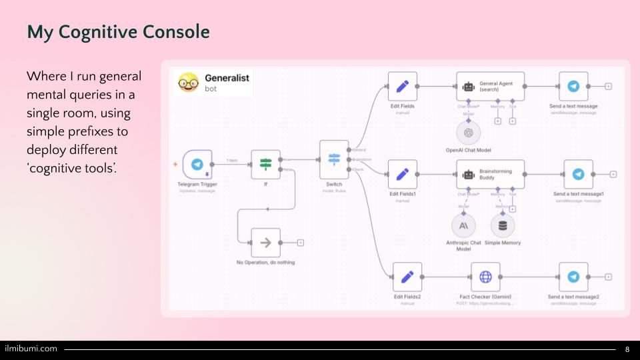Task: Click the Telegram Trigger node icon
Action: coord(197,164)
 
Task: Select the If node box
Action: coord(265,164)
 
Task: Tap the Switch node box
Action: coord(334,159)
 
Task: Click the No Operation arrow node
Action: coord(265,243)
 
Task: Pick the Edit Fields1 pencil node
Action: coord(402,174)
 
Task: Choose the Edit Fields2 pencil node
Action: coord(407,277)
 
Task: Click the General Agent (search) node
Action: coord(490,87)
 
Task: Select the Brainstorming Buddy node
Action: coord(490,174)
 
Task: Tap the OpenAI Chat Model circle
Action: coord(469,133)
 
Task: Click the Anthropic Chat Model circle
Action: coord(463,225)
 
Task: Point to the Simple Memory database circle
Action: coord(503,225)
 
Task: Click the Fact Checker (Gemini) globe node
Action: coord(485,277)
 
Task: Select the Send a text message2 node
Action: coord(573,277)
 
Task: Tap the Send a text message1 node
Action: coord(578,174)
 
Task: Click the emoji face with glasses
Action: coord(188,82)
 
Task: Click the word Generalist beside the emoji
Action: coord(227,77)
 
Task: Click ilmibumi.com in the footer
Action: coord(31,349)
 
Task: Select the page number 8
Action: coord(627,349)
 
